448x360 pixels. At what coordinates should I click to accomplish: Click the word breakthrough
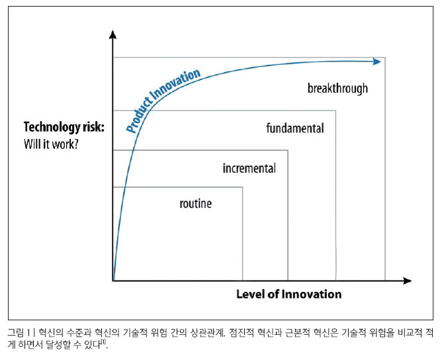(x=337, y=89)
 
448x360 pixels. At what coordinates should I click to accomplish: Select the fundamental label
(x=295, y=128)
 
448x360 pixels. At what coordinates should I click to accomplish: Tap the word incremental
(x=249, y=168)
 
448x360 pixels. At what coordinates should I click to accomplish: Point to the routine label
(x=196, y=204)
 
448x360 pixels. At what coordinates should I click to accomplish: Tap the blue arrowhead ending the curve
(x=377, y=62)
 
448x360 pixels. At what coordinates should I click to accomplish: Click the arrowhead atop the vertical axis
(x=113, y=34)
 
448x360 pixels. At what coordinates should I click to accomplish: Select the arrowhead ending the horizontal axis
(x=407, y=281)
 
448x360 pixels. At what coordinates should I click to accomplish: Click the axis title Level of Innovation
(x=289, y=294)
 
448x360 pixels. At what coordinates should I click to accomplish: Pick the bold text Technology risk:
(x=64, y=128)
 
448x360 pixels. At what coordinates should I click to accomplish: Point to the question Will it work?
(x=51, y=144)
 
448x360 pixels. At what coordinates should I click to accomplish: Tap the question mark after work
(x=75, y=144)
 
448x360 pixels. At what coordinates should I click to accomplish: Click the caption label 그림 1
(x=19, y=333)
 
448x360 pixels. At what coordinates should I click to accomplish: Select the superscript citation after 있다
(x=105, y=341)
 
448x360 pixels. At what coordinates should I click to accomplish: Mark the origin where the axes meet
(x=113, y=281)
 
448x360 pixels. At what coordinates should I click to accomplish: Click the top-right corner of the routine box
(x=243, y=187)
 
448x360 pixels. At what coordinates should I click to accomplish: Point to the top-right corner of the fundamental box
(x=336, y=111)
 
